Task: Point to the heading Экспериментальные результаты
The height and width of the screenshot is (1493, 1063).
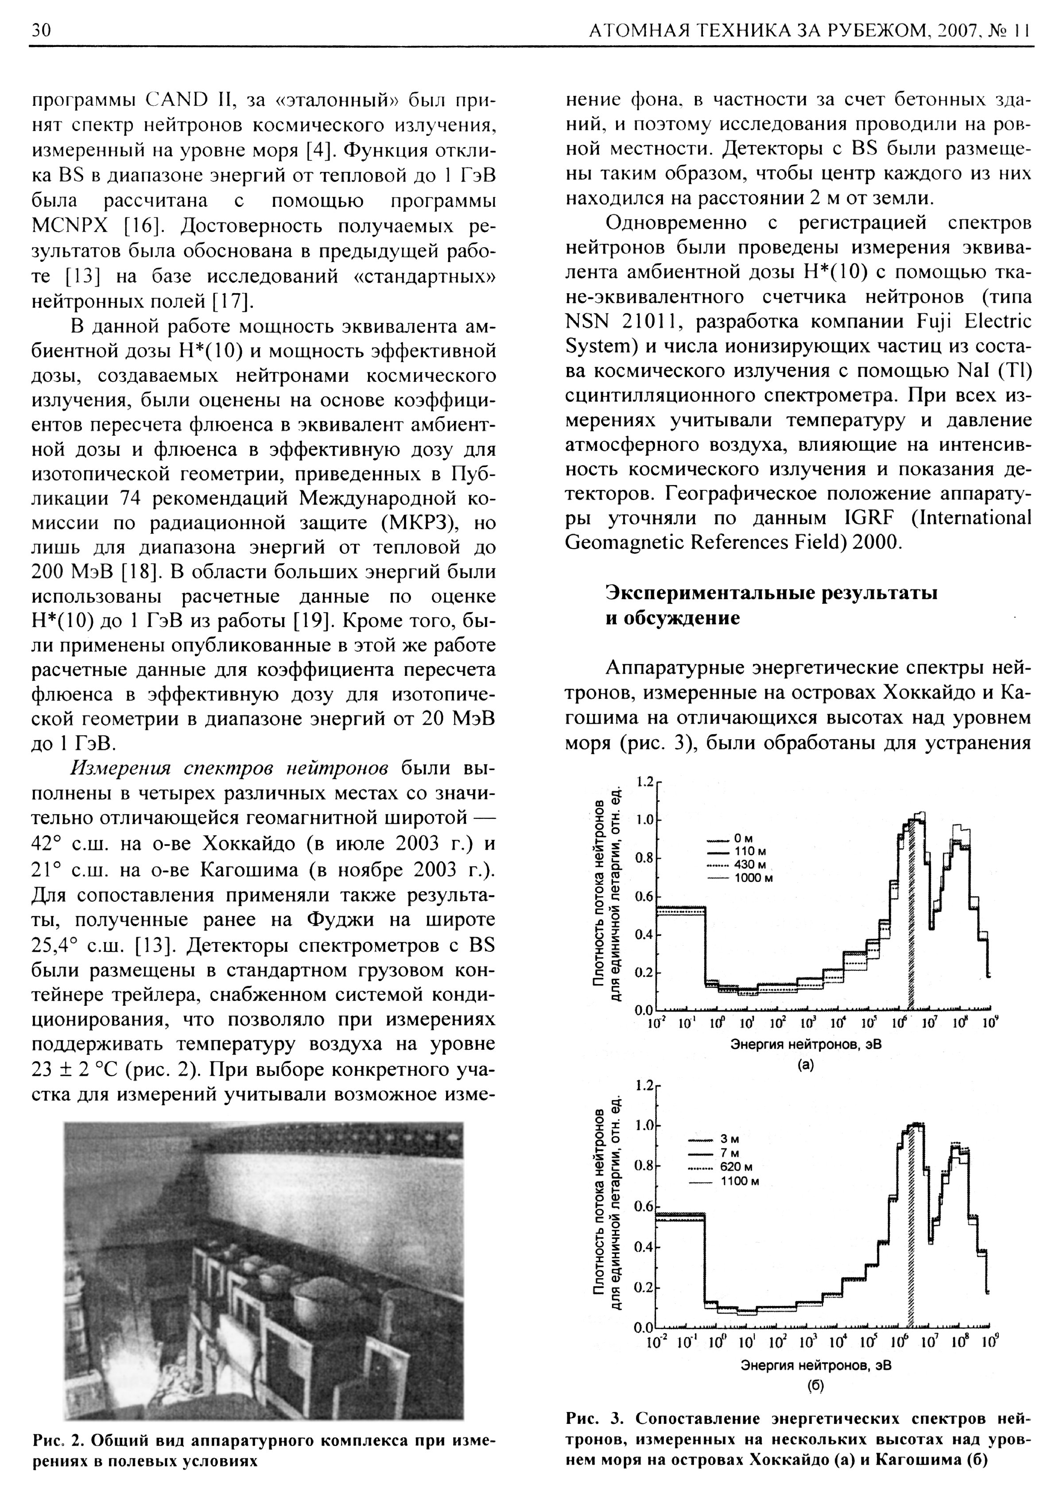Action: click(771, 593)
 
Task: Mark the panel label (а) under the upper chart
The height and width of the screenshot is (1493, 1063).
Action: click(807, 1065)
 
